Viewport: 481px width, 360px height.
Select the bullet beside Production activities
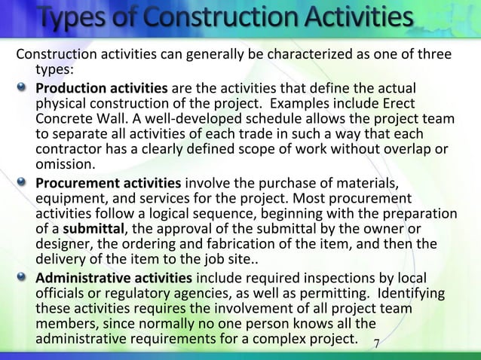point(25,87)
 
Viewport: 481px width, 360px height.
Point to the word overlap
point(410,151)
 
